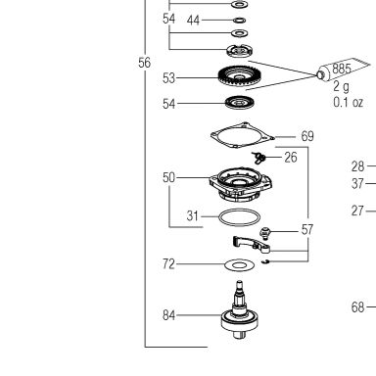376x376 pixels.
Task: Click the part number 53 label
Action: click(168, 78)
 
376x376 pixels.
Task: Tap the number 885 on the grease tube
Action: click(342, 69)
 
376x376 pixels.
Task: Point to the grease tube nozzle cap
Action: click(320, 75)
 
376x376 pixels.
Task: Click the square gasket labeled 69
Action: click(243, 135)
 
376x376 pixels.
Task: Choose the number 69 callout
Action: click(307, 136)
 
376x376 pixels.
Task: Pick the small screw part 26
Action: click(258, 158)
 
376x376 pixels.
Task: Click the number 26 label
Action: click(291, 158)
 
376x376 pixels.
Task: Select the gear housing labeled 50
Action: click(241, 184)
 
